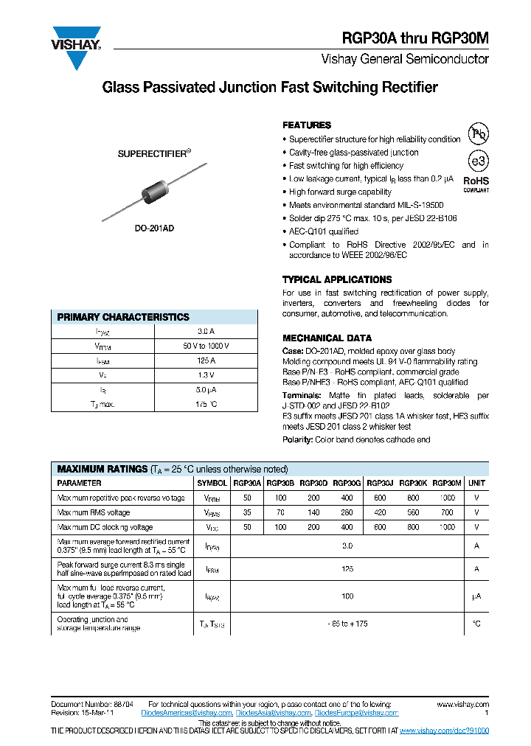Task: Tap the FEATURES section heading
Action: click(307, 125)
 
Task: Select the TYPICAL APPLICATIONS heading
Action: click(337, 280)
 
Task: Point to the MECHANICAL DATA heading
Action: click(322, 338)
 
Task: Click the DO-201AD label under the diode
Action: click(156, 229)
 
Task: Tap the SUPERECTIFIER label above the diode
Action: click(154, 154)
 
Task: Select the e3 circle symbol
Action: click(479, 161)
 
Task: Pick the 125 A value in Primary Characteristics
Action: click(206, 360)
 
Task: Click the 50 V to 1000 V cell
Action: click(206, 346)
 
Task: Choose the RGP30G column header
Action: click(347, 484)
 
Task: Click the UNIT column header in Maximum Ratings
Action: click(476, 484)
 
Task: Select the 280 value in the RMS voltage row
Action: click(347, 512)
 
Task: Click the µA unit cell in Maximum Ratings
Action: click(476, 596)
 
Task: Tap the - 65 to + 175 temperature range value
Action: click(347, 624)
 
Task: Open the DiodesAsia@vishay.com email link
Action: click(274, 713)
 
